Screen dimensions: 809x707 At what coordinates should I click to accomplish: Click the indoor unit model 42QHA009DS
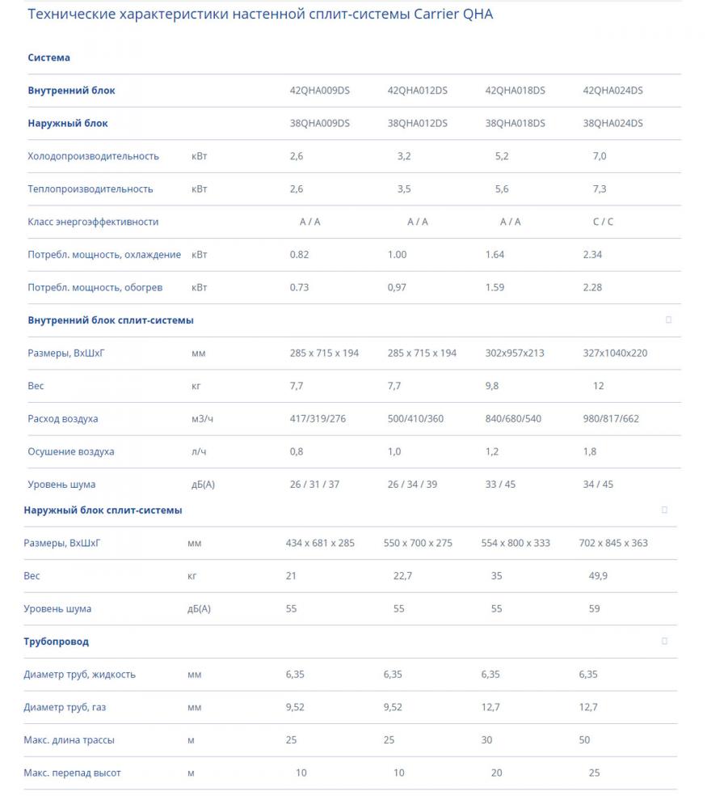319,91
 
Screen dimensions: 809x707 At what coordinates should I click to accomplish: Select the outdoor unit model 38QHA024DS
612,123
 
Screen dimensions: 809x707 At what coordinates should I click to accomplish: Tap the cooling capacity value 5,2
502,156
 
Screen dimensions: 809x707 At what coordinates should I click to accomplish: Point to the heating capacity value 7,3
600,188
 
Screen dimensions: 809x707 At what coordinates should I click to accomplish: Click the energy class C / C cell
603,222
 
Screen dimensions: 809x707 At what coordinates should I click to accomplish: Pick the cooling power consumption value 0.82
299,254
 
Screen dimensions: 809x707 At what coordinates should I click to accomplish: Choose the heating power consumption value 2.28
592,287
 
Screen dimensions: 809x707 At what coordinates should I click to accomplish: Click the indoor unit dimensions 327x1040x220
615,353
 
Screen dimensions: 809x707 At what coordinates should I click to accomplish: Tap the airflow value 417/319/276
318,419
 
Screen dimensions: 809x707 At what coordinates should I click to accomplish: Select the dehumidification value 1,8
589,451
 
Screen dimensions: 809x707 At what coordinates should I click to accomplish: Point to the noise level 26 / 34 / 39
412,485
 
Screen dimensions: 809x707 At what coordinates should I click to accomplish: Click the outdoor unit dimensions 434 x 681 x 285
320,543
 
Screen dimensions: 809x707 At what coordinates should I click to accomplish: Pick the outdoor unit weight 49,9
599,576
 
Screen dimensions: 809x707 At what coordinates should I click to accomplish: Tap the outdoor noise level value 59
595,608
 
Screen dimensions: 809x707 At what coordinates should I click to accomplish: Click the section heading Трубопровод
56,642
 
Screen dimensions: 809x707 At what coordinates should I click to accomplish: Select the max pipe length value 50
584,740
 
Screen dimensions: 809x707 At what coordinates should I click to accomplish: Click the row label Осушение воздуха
71,451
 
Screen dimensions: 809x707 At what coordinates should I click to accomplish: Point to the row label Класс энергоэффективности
93,222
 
